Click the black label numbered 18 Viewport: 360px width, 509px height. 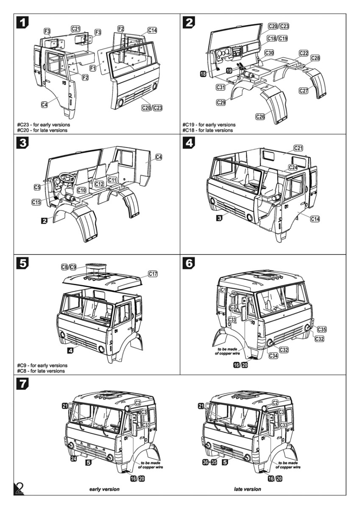pos(203,74)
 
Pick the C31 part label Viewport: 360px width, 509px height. pos(220,87)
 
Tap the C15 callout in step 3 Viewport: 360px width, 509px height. pos(37,202)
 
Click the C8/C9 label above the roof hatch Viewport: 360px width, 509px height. pos(69,267)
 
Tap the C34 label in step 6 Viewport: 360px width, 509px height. pos(274,355)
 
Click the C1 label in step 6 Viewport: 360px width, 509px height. pos(223,290)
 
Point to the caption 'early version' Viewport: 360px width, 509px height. pos(104,489)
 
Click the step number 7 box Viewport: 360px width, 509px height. pos(22,384)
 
